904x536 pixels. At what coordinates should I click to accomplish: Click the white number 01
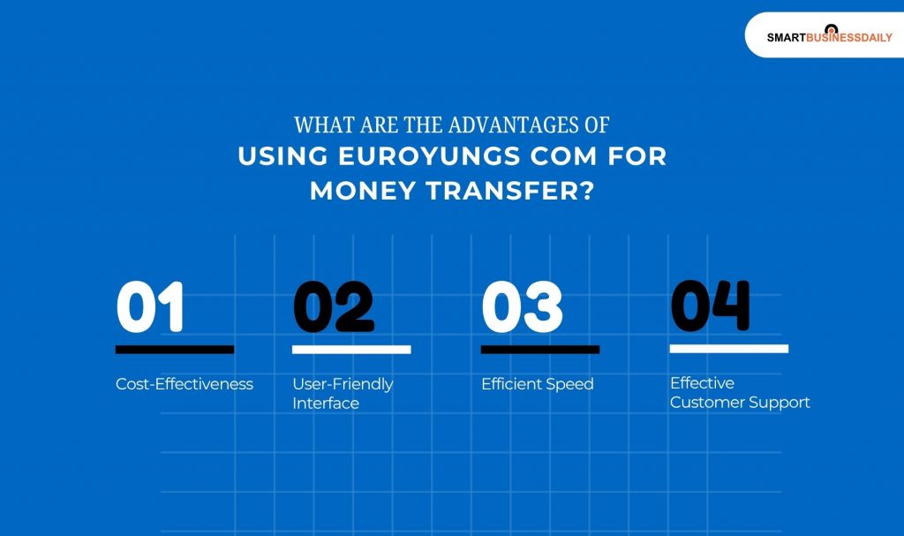point(150,307)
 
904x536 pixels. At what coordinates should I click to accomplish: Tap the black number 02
point(333,307)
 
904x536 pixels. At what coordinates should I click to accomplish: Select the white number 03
point(521,307)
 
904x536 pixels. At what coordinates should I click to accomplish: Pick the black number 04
point(710,306)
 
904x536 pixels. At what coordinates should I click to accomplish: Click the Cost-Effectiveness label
point(185,384)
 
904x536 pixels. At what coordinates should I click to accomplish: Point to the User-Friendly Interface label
point(343,394)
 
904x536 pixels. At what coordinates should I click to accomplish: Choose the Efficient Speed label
point(537,384)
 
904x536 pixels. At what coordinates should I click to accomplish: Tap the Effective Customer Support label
point(740,393)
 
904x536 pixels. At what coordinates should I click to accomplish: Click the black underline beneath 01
point(175,350)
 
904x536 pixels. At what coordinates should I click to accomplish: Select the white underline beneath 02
point(351,350)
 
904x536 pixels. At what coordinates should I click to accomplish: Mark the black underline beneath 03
point(540,350)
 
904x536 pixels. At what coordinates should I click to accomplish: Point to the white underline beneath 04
point(729,349)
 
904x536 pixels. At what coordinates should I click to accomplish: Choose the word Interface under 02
point(326,404)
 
